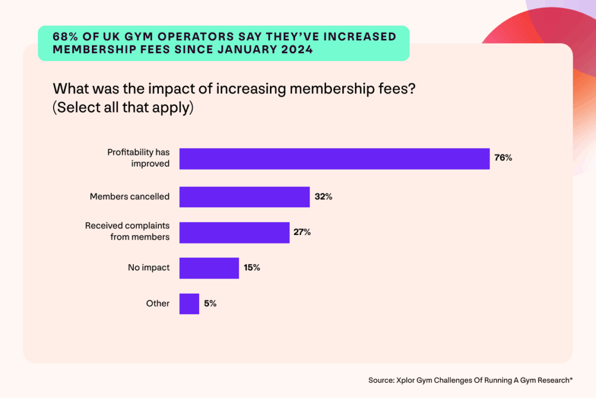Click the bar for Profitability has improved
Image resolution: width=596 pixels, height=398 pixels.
(x=334, y=159)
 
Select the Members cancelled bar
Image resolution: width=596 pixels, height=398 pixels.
(x=244, y=197)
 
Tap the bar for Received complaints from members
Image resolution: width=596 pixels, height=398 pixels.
(x=234, y=233)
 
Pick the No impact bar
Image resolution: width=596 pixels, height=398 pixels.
(x=209, y=268)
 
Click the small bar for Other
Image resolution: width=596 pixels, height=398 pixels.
(x=189, y=304)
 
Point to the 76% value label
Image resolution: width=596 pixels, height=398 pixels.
(x=503, y=158)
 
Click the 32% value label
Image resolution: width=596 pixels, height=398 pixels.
(x=323, y=197)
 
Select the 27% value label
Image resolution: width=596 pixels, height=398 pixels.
(x=302, y=233)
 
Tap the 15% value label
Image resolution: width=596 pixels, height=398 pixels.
(x=251, y=268)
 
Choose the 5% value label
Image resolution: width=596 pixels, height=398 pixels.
(x=210, y=304)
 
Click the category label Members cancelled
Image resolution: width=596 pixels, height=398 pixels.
(x=129, y=197)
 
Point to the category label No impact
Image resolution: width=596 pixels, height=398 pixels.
(x=148, y=268)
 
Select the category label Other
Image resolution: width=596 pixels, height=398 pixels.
(x=158, y=304)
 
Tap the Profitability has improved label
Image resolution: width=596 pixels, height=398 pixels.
(x=138, y=158)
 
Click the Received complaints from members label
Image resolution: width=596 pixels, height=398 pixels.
(x=127, y=231)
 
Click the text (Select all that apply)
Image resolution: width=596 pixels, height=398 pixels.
(x=123, y=108)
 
